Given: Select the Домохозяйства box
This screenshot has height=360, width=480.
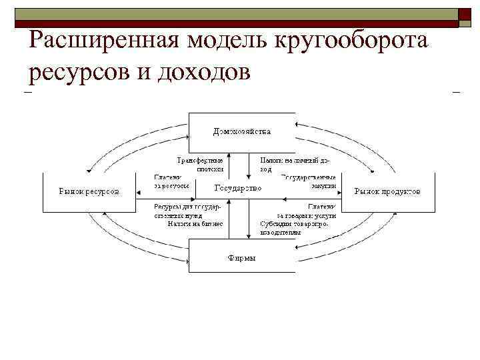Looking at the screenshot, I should click(241, 132).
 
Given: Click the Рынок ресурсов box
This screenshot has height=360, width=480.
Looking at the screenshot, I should click(89, 192).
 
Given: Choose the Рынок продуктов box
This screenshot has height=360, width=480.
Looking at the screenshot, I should click(387, 192).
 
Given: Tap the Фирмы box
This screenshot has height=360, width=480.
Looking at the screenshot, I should click(241, 257).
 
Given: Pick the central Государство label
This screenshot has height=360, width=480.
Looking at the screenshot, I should click(238, 189).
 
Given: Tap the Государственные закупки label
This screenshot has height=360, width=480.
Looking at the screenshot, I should click(308, 181).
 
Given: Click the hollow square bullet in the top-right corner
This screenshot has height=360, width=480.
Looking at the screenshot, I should click(465, 17).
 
